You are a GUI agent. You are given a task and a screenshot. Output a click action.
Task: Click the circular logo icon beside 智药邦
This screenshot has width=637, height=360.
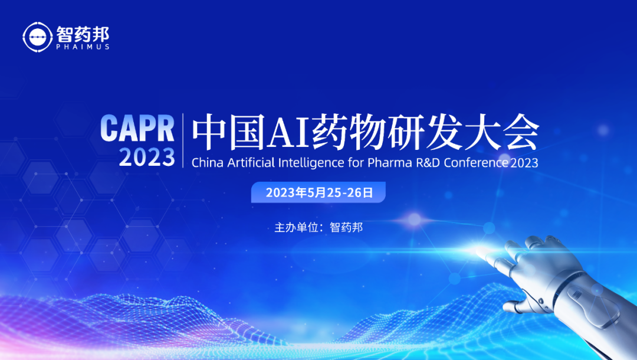click(x=37, y=37)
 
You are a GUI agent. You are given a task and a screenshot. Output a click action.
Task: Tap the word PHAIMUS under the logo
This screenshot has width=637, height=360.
click(x=83, y=47)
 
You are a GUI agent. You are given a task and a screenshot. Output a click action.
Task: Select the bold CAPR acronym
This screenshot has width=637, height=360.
click(x=137, y=129)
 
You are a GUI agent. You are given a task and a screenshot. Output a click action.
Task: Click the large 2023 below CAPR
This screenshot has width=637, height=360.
click(x=147, y=157)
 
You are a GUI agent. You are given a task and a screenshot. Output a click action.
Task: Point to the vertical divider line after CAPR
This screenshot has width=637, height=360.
click(x=183, y=140)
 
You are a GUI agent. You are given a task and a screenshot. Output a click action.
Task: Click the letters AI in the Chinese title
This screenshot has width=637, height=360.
click(x=288, y=133)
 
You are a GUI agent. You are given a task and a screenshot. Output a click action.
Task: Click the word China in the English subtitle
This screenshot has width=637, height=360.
click(x=207, y=162)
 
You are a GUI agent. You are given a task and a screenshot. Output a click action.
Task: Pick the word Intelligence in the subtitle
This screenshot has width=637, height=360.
click(x=311, y=163)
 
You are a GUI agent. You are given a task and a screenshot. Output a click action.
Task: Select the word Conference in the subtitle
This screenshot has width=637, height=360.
click(x=476, y=162)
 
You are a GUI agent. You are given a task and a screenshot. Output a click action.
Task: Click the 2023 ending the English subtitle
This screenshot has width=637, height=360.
click(x=524, y=163)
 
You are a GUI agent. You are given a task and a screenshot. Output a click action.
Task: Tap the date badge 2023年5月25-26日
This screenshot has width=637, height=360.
click(x=318, y=192)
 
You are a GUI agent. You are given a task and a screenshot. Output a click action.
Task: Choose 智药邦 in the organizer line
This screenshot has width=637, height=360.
click(x=346, y=227)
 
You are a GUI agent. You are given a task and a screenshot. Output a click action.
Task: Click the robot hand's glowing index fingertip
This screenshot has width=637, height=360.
click(x=480, y=253)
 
